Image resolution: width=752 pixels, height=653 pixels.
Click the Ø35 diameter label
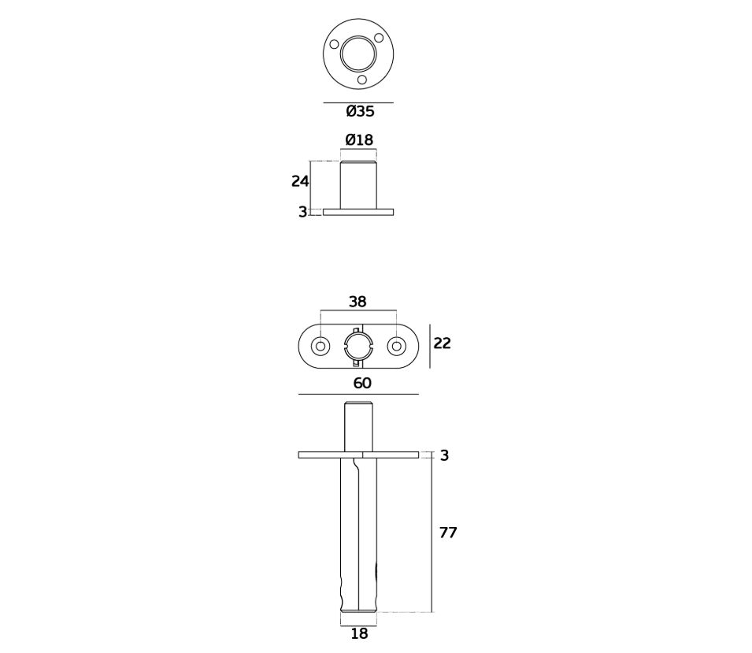click(360, 111)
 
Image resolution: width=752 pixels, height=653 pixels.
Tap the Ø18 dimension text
click(359, 139)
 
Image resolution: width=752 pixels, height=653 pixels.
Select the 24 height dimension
click(300, 181)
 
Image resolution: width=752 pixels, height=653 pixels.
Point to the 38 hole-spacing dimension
click(357, 302)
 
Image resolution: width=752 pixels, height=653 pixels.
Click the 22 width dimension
click(442, 343)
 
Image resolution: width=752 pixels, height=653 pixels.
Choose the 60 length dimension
click(362, 384)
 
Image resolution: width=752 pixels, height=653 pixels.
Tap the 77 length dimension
click(448, 532)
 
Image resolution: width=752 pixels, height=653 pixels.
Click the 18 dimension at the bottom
click(359, 634)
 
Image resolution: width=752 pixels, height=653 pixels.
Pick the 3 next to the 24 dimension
click(302, 212)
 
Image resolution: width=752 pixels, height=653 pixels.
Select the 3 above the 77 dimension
click(444, 455)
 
